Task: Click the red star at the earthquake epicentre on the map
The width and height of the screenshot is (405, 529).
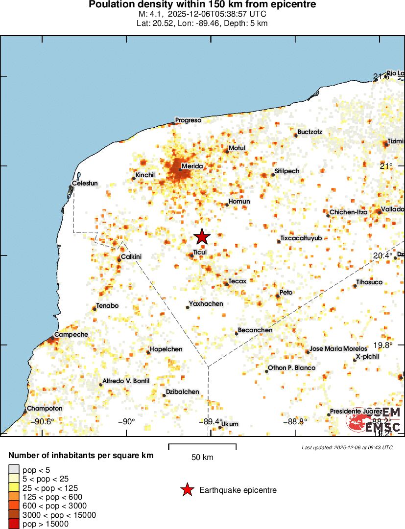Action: point(202,237)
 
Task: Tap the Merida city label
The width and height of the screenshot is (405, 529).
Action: point(192,166)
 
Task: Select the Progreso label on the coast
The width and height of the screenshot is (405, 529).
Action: point(189,120)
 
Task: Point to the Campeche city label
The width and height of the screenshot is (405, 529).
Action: point(71,334)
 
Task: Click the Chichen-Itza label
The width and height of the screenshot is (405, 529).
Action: point(348,212)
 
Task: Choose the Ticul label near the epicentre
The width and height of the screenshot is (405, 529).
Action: point(200,252)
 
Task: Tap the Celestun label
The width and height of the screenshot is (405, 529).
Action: point(85,184)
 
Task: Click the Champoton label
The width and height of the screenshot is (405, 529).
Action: point(45,408)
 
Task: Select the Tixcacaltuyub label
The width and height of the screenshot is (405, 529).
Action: point(301,238)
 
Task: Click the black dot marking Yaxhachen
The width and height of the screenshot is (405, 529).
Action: point(188,307)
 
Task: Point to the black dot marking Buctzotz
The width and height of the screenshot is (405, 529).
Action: point(296,135)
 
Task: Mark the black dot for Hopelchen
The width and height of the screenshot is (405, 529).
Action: point(148,352)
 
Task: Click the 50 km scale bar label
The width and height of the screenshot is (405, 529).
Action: point(202,458)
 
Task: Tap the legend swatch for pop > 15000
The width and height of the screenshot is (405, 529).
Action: point(14,524)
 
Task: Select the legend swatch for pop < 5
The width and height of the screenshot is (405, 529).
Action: point(14,470)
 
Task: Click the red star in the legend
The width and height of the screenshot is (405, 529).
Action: point(186,490)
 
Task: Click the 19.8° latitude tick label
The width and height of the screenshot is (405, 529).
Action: point(382,345)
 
